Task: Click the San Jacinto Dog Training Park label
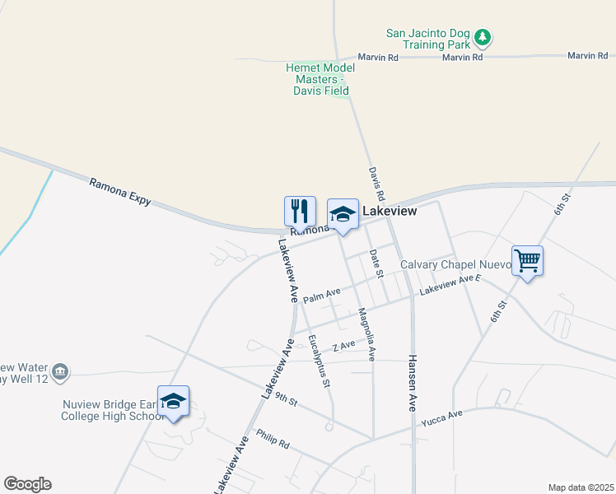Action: point(428,40)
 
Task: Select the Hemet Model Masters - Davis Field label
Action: point(320,79)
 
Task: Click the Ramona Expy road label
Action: point(120,191)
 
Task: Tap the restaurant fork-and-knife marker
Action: point(300,212)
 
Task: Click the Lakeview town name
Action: point(390,212)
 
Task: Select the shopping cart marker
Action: point(527,262)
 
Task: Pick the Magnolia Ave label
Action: point(366,335)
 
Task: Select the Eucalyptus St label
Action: point(319,361)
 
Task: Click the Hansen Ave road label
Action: point(412,384)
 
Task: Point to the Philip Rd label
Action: point(273,439)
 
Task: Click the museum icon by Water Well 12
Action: point(60,373)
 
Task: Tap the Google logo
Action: point(27,484)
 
